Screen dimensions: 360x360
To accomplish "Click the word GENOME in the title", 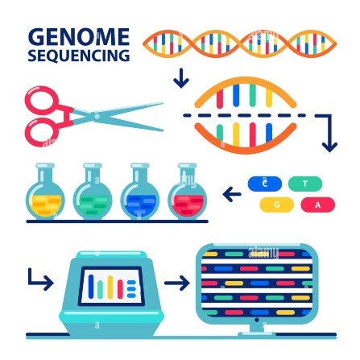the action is pyautogui.click(x=79, y=37).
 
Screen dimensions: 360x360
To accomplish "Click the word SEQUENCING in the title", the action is pyautogui.click(x=79, y=56).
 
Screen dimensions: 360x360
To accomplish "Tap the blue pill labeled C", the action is pyautogui.click(x=265, y=184).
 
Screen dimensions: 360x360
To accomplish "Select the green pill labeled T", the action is pyautogui.click(x=305, y=184).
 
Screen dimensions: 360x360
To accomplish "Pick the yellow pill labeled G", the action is pyautogui.click(x=276, y=205).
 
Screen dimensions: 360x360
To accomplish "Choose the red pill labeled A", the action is pyautogui.click(x=318, y=205).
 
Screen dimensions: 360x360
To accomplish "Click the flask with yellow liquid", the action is pyautogui.click(x=45, y=192).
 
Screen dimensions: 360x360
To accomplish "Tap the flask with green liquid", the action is pyautogui.click(x=93, y=192).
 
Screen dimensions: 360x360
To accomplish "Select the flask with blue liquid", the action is pyautogui.click(x=140, y=192).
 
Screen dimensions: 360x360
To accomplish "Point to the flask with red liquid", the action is pyautogui.click(x=188, y=192).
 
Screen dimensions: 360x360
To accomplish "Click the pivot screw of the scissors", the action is pyautogui.click(x=97, y=117).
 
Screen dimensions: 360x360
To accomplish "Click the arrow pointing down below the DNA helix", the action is pyautogui.click(x=181, y=78).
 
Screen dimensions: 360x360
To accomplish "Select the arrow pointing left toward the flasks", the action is pyautogui.click(x=232, y=194).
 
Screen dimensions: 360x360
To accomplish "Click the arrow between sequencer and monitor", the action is pyautogui.click(x=177, y=283).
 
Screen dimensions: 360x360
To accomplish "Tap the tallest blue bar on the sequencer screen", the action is pyautogui.click(x=91, y=286).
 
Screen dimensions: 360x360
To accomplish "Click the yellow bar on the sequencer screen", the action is pyautogui.click(x=110, y=287).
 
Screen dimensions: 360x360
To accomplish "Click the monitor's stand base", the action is pyautogui.click(x=257, y=334).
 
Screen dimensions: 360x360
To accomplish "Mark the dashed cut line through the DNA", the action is pyautogui.click(x=244, y=115).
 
